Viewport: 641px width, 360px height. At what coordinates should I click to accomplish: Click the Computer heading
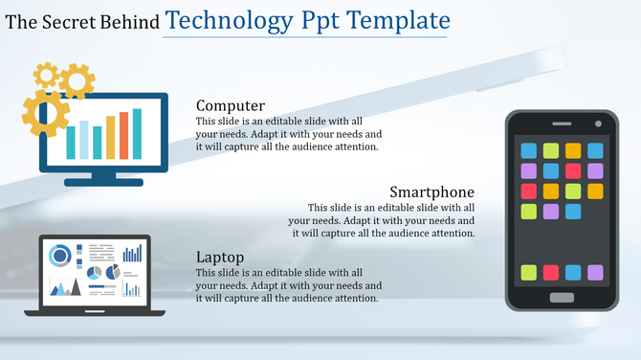click(230, 105)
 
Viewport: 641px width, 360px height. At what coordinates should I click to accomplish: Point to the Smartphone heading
click(432, 191)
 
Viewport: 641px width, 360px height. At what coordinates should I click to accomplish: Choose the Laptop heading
click(220, 258)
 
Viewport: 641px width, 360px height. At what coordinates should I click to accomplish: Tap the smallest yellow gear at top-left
click(45, 75)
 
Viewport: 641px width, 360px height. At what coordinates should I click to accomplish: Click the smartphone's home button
click(562, 298)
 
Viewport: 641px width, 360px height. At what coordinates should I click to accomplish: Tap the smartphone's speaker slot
click(562, 125)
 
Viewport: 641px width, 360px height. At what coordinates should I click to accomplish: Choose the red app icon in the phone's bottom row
click(551, 273)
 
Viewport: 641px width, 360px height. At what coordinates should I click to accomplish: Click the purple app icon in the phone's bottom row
click(595, 273)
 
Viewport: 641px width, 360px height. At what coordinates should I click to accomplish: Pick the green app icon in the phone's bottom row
click(528, 273)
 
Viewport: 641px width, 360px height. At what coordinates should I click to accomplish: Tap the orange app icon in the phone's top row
click(573, 150)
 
